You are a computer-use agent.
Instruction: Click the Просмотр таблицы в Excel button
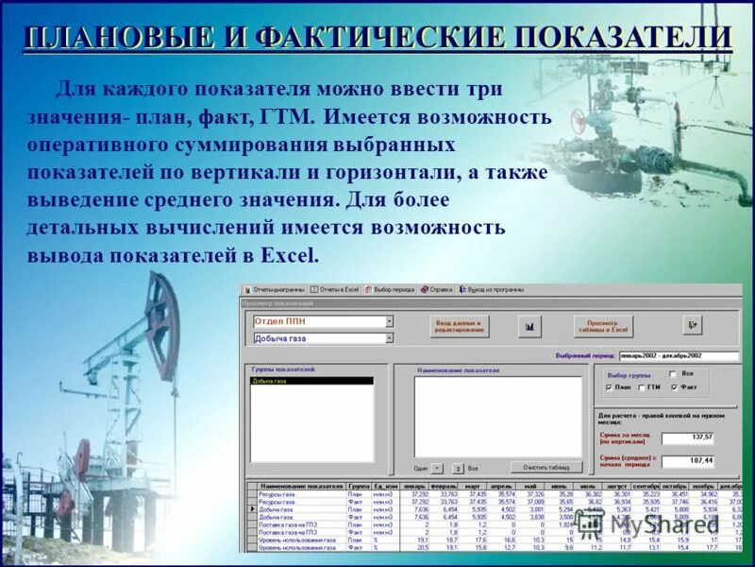click(604, 326)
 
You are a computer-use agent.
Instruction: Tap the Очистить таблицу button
click(546, 467)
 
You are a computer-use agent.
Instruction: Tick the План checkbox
click(609, 387)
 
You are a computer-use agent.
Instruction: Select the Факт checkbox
click(673, 387)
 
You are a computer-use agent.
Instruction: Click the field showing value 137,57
click(688, 438)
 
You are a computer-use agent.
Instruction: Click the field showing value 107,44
click(688, 460)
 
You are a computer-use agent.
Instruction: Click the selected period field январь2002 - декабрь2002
click(679, 356)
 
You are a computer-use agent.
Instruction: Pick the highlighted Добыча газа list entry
click(311, 382)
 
